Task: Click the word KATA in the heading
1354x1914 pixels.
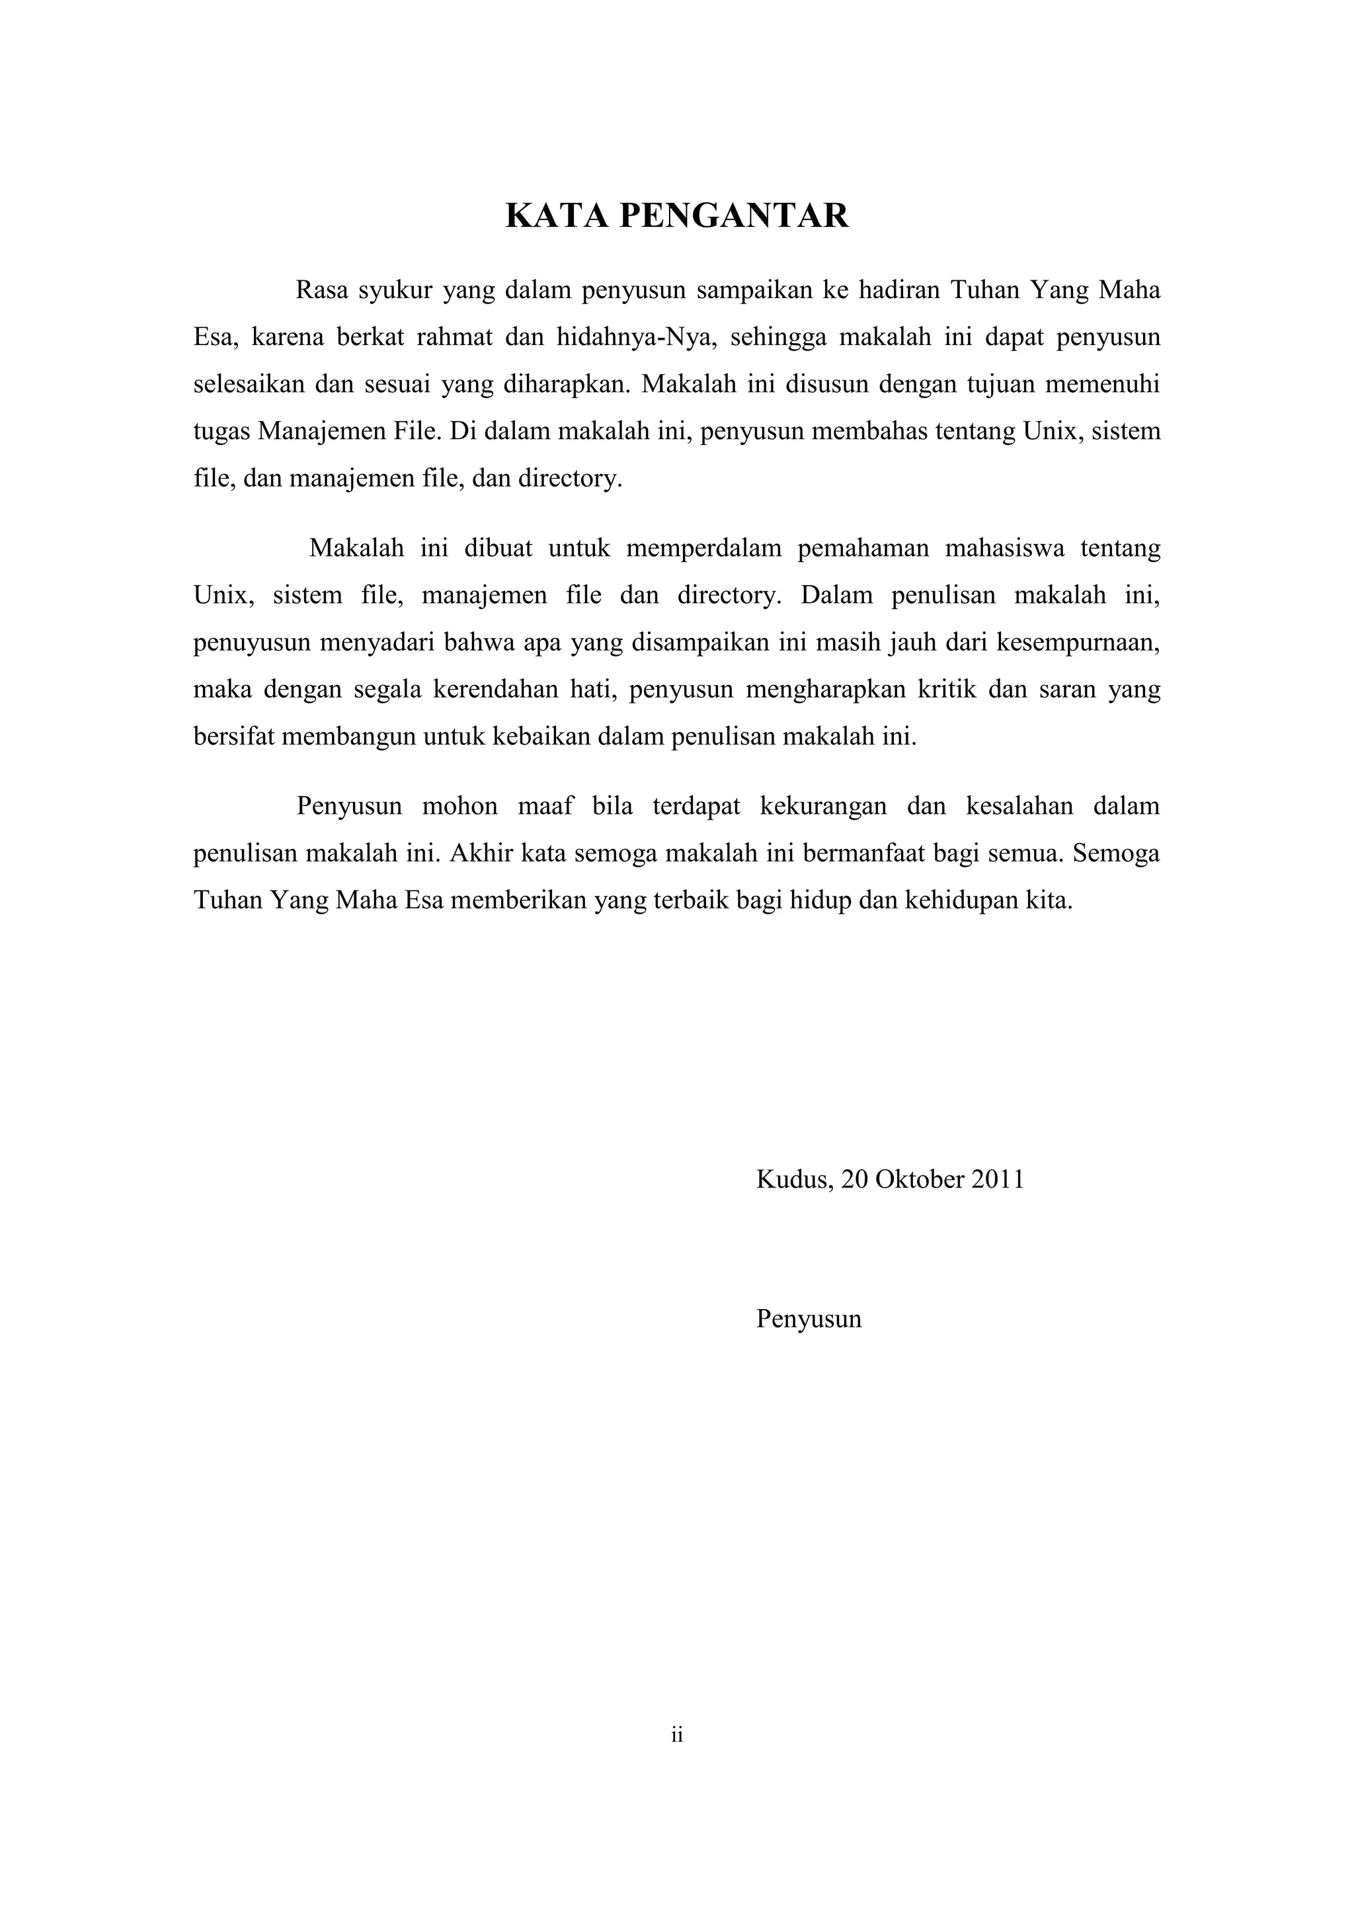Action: click(x=555, y=216)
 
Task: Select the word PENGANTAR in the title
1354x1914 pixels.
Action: click(x=734, y=216)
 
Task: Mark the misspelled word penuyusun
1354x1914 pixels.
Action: click(x=253, y=643)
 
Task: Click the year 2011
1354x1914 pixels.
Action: click(x=998, y=1179)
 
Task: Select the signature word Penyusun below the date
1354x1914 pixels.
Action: click(x=809, y=1319)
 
